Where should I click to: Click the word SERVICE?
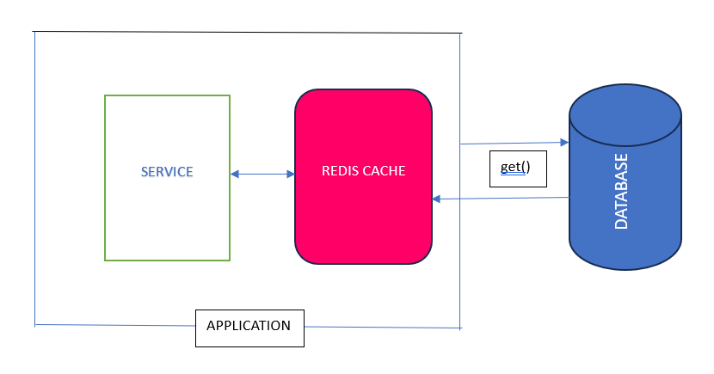167,172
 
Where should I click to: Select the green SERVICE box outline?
105,177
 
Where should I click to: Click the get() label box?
518,169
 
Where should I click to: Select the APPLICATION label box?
249,328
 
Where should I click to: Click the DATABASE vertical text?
621,191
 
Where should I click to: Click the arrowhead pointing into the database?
564,143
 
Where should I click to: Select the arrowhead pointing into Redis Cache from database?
436,199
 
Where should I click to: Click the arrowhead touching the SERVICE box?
235,174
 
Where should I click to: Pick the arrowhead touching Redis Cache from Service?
290,174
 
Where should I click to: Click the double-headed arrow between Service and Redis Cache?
262,174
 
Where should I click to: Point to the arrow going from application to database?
514,144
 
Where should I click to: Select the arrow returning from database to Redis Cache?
501,198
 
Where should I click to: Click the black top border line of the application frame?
247,33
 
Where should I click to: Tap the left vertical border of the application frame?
35,179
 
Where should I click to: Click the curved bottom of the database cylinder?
625,268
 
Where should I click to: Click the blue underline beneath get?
513,174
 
